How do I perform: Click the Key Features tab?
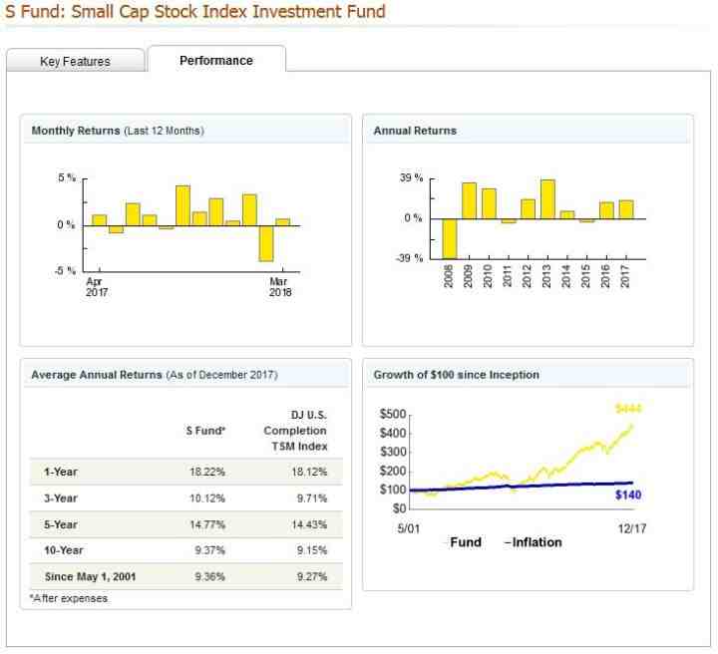click(75, 61)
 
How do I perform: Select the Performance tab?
click(216, 60)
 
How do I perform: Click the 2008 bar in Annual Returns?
click(449, 237)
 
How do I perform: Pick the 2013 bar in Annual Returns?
click(546, 198)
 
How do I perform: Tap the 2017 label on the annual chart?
click(625, 275)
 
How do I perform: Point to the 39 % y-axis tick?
click(410, 178)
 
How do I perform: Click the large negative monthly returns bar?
click(266, 242)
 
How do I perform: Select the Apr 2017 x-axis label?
click(97, 286)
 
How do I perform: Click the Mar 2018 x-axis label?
click(281, 286)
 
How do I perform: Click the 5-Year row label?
click(61, 524)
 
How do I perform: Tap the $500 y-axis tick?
click(394, 414)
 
